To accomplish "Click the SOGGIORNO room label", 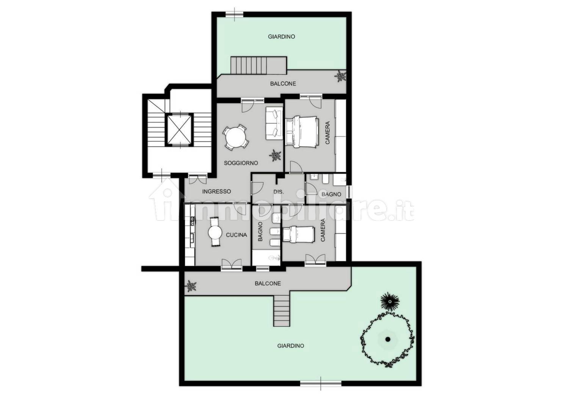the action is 241,163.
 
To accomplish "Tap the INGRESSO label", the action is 216,191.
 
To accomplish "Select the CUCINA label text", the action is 236,235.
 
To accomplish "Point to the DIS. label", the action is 279,192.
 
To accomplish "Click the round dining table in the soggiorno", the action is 236,138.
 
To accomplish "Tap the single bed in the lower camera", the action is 299,235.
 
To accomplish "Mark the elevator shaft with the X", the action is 179,130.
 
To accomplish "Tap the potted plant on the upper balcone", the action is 340,76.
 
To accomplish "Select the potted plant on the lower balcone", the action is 191,286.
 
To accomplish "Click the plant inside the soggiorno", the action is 275,155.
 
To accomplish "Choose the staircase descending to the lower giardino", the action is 282,310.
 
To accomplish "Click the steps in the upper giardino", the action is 259,65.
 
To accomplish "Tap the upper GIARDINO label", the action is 281,37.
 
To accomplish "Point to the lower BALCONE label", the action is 268,284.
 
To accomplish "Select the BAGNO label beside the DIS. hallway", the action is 331,194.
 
